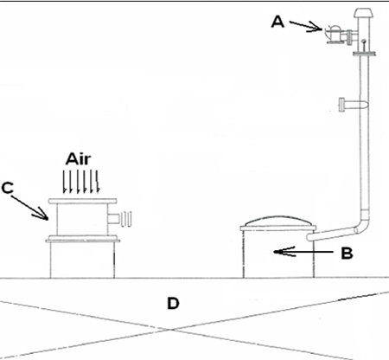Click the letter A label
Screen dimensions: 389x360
(x=277, y=22)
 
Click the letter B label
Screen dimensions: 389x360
(x=347, y=254)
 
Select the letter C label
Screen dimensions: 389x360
(x=8, y=188)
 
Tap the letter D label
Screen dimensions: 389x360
(x=173, y=303)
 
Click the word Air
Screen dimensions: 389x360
(x=79, y=159)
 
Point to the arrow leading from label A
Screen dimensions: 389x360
(x=306, y=26)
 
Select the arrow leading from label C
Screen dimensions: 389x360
(x=29, y=208)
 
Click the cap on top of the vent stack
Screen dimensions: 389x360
(x=364, y=13)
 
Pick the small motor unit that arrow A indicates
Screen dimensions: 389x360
(x=335, y=35)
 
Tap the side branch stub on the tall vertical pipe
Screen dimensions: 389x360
(x=350, y=105)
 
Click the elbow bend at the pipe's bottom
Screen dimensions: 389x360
(x=363, y=225)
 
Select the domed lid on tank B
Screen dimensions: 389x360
(x=277, y=221)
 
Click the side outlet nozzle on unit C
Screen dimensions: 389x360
(x=119, y=219)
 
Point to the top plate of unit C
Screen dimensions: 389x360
(x=82, y=201)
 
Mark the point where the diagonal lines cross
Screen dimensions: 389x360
(x=171, y=329)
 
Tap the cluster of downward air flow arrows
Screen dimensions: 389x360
(x=81, y=182)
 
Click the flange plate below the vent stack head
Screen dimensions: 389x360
(x=365, y=53)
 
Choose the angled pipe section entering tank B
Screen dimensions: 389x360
(x=331, y=234)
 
